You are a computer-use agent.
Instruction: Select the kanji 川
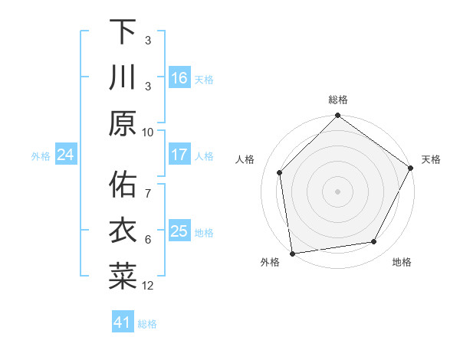pyautogui.click(x=123, y=77)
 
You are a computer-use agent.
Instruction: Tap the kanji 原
pyautogui.click(x=123, y=123)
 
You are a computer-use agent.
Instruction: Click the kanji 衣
pyautogui.click(x=123, y=231)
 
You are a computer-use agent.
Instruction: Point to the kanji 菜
pyautogui.click(x=123, y=277)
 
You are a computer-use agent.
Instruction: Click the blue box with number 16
pyautogui.click(x=179, y=78)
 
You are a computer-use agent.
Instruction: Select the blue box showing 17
pyautogui.click(x=179, y=155)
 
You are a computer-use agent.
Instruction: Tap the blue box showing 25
pyautogui.click(x=179, y=231)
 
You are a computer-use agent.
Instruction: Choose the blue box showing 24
pyautogui.click(x=65, y=155)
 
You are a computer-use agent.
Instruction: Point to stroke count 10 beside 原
pyautogui.click(x=148, y=132)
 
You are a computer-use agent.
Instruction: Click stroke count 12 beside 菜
pyautogui.click(x=148, y=286)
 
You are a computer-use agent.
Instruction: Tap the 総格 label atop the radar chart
pyautogui.click(x=338, y=100)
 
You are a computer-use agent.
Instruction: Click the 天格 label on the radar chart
pyautogui.click(x=432, y=159)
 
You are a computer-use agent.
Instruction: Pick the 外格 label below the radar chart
pyautogui.click(x=270, y=262)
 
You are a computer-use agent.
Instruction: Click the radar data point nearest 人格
pyautogui.click(x=280, y=172)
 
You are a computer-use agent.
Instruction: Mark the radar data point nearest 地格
pyautogui.click(x=374, y=242)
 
